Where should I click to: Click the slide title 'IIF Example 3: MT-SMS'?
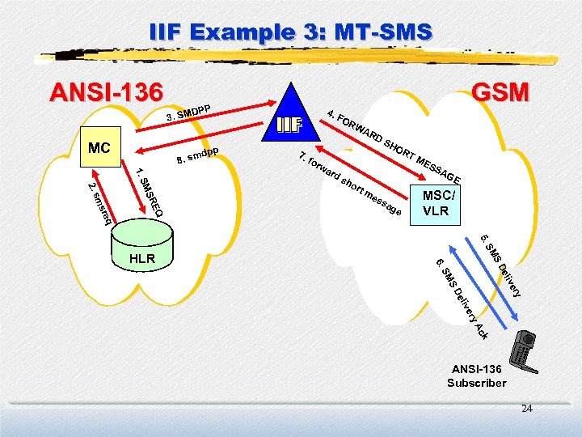point(291,33)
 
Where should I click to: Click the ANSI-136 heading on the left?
point(106,92)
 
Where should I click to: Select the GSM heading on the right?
point(500,91)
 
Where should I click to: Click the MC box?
point(99,149)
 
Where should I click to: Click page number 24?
point(527,410)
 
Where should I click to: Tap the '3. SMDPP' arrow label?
point(188,113)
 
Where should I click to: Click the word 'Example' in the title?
point(242,33)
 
